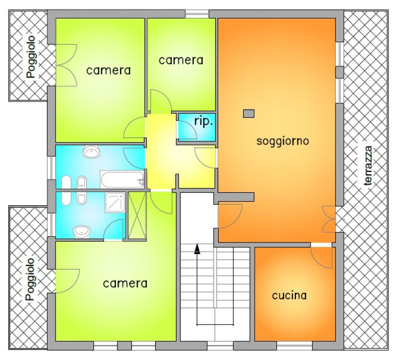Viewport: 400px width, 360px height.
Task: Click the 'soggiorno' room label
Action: (x=283, y=141)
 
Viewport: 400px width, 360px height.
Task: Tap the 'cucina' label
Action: (x=289, y=295)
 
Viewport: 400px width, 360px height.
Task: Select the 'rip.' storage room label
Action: (x=203, y=122)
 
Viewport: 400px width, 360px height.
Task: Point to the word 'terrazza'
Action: (x=368, y=166)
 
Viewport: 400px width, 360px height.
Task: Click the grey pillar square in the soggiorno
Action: (x=248, y=113)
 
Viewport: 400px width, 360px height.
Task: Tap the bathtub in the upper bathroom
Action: (x=123, y=179)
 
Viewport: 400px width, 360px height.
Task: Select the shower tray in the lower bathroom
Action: (x=115, y=202)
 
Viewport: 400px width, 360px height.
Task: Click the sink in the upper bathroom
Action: (x=91, y=152)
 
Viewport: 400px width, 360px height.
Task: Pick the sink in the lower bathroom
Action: (x=82, y=232)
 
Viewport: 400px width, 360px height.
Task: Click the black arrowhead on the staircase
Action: (x=197, y=249)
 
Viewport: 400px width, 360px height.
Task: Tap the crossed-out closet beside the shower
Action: (x=137, y=215)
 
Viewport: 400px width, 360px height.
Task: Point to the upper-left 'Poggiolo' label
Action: (x=32, y=57)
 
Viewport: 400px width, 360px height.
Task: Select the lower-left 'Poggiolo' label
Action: (x=30, y=279)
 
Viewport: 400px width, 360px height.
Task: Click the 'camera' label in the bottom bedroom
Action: (x=125, y=283)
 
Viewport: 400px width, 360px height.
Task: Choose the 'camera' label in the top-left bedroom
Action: (x=108, y=70)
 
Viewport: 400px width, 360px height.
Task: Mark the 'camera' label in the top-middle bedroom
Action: (x=181, y=60)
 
